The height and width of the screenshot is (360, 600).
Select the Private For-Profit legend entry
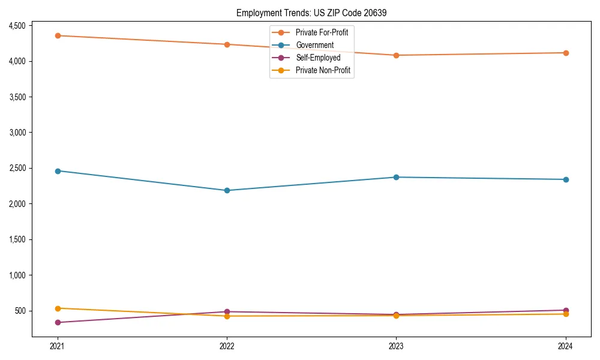[322, 32]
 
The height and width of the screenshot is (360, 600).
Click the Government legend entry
[314, 45]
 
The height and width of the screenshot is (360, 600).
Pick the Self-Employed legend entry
[318, 58]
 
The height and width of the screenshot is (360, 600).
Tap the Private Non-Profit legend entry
[323, 70]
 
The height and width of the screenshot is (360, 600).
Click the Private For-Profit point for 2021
[58, 35]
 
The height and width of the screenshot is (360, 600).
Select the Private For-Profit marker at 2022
[227, 44]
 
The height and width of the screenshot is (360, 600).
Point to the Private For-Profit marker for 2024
[566, 53]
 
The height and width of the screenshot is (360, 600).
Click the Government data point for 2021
[58, 171]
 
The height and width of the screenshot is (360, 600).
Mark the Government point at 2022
[227, 190]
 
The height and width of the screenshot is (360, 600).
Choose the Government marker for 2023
[396, 177]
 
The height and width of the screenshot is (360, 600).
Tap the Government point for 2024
[566, 179]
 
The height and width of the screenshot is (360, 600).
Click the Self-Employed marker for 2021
[58, 322]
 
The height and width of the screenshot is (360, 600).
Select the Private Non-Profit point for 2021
[58, 308]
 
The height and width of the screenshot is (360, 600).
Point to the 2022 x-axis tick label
[227, 346]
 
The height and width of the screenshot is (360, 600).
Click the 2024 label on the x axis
[566, 346]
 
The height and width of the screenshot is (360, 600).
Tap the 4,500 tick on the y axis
[17, 26]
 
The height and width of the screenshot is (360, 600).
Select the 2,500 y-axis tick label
[17, 168]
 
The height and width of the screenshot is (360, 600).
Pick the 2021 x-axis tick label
[58, 346]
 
